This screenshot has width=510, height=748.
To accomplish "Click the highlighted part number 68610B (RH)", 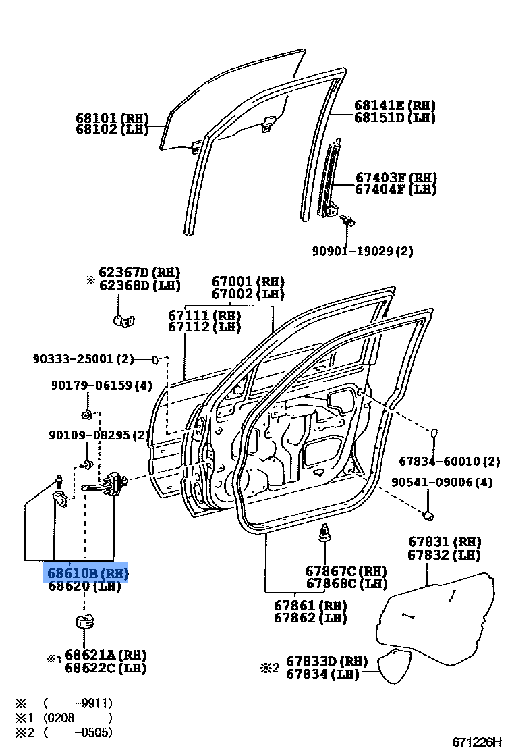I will click(x=86, y=574).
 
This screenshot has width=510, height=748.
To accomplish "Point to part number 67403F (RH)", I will click(x=396, y=178).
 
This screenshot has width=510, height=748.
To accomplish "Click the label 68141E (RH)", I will click(x=395, y=105).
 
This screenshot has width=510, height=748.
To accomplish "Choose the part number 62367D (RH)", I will click(x=139, y=272).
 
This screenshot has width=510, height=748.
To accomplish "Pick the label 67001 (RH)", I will click(x=248, y=282).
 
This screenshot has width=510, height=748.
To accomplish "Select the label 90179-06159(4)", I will click(x=101, y=385).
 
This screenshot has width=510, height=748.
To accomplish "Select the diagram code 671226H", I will click(x=477, y=741).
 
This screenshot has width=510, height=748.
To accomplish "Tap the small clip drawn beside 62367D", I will click(x=121, y=318).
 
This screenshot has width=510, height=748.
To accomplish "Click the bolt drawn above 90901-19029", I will click(x=349, y=219).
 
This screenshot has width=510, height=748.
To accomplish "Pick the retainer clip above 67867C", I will click(x=325, y=535).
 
